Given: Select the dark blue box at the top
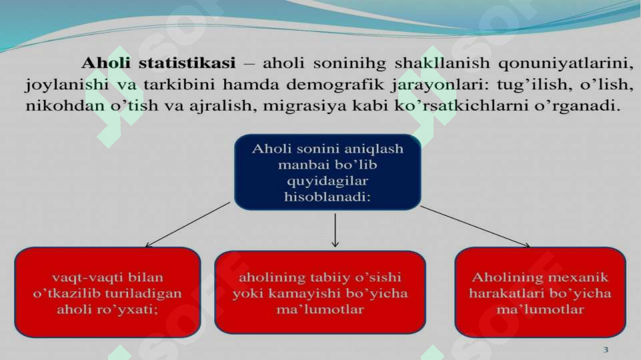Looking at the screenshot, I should (x=327, y=172).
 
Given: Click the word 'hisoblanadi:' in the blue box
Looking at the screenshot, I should (x=327, y=198).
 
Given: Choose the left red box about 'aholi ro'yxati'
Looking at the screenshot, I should (x=107, y=291).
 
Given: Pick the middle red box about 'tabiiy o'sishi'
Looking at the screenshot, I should (x=319, y=292).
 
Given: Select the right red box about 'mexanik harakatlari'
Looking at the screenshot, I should (x=540, y=291).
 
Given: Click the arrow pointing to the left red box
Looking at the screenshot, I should (x=188, y=225).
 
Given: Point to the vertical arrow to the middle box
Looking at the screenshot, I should (x=335, y=230).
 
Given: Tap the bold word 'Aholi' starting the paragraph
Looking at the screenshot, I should (x=107, y=64).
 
